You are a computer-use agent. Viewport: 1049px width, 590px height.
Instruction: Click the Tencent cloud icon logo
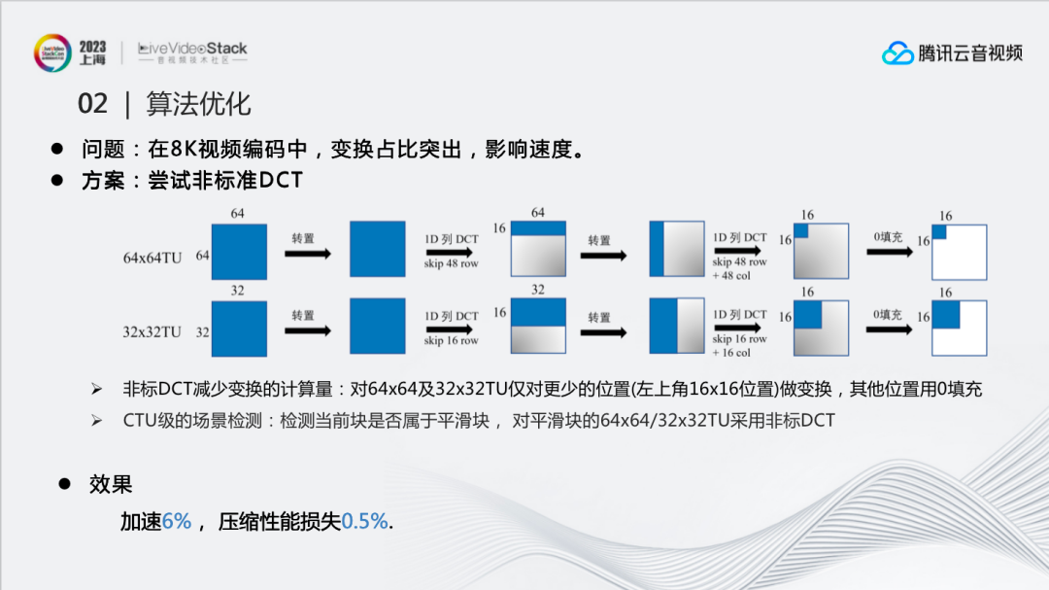click(x=897, y=52)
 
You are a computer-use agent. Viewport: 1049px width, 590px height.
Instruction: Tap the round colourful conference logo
click(x=52, y=52)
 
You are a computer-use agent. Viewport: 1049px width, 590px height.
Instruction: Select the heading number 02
click(x=92, y=104)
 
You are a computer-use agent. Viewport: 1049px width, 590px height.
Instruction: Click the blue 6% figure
click(x=177, y=521)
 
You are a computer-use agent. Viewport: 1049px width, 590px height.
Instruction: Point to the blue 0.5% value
click(x=364, y=521)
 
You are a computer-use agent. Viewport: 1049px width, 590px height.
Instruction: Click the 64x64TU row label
click(x=152, y=258)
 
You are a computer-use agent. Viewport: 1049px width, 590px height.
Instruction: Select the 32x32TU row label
click(x=152, y=332)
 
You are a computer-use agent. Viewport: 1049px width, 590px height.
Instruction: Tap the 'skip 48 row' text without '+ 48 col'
click(x=451, y=263)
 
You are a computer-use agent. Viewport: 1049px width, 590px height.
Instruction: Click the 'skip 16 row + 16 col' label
click(x=739, y=346)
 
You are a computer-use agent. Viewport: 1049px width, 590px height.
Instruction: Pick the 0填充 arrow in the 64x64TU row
click(x=890, y=253)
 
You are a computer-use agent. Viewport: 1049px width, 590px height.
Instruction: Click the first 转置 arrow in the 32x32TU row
click(x=308, y=330)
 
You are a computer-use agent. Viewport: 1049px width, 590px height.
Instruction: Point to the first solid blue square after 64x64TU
click(x=239, y=252)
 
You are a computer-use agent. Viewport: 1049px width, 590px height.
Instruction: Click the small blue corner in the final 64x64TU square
click(x=939, y=232)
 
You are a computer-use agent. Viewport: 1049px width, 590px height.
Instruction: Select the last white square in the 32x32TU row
click(x=960, y=329)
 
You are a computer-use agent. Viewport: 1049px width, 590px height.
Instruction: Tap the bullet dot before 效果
click(x=64, y=483)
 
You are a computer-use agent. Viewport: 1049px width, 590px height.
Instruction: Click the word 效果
click(x=111, y=484)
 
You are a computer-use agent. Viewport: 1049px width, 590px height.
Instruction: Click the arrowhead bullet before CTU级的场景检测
click(x=97, y=421)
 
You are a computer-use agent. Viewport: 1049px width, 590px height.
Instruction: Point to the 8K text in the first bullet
click(x=184, y=149)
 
